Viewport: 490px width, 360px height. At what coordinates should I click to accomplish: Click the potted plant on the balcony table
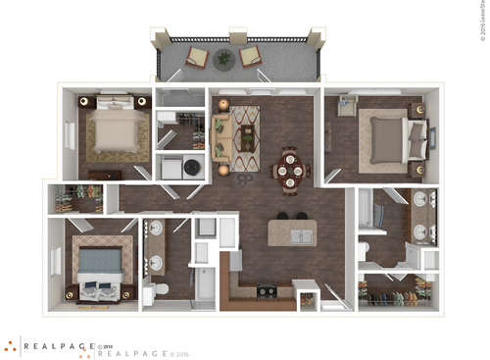[x=225, y=57]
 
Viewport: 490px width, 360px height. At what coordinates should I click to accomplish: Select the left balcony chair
[x=199, y=57]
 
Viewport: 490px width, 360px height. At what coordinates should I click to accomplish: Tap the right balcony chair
[x=251, y=56]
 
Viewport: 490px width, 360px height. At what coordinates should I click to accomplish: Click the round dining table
[x=290, y=171]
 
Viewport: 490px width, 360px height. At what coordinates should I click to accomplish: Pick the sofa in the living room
[x=220, y=138]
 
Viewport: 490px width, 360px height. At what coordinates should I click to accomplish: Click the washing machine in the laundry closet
[x=192, y=168]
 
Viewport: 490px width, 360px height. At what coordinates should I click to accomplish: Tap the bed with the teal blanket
[x=100, y=266]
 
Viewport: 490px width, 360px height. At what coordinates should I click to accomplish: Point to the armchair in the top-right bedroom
[x=346, y=105]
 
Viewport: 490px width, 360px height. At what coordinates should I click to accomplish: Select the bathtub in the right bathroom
[x=367, y=210]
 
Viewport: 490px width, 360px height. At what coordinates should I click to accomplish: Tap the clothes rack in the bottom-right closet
[x=396, y=289]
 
